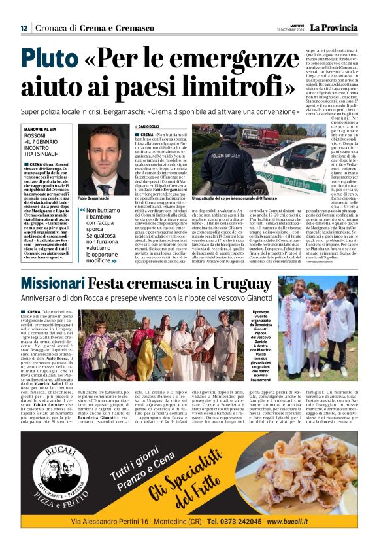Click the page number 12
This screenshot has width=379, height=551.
pyautogui.click(x=24, y=28)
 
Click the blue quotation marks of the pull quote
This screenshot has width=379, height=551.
pyautogui.click(x=81, y=211)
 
